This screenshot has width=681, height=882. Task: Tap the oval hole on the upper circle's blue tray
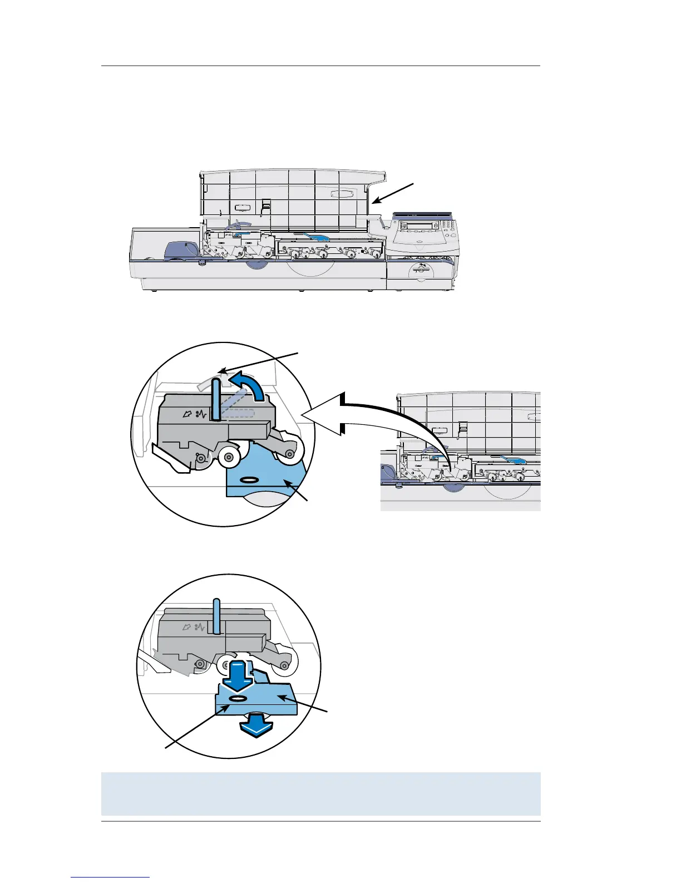(x=249, y=479)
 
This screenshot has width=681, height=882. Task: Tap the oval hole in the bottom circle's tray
(x=237, y=698)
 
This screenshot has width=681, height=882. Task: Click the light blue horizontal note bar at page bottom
(x=320, y=794)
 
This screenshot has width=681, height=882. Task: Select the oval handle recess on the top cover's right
(x=340, y=194)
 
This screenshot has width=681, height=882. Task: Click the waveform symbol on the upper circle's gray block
(x=201, y=414)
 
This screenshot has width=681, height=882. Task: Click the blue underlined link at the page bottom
(x=111, y=878)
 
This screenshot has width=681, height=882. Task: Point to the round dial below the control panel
(x=421, y=272)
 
